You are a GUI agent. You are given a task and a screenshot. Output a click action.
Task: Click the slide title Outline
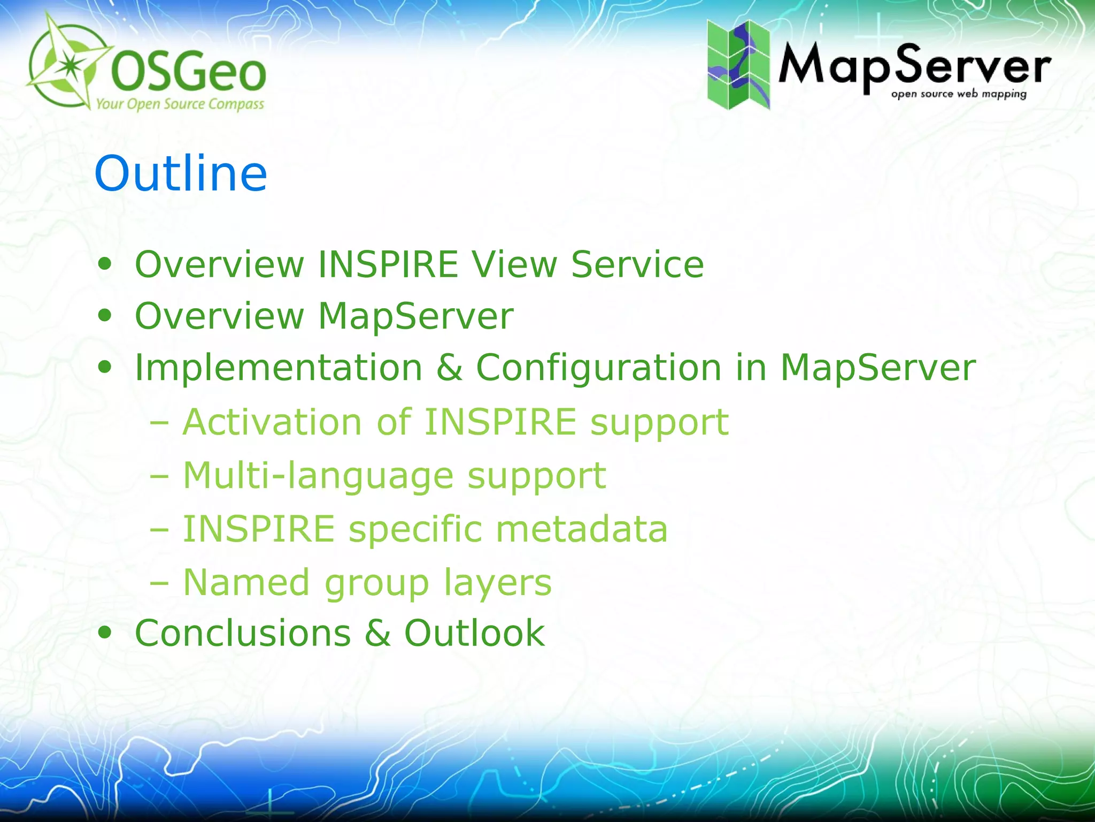[x=181, y=173]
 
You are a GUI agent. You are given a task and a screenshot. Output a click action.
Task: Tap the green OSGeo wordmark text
[x=188, y=73]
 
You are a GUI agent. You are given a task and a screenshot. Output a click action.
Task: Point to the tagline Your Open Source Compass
[x=180, y=104]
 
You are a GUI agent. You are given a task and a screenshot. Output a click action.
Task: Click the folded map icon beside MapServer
[x=738, y=65]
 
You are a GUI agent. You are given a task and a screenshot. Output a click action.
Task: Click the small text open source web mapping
[x=959, y=95]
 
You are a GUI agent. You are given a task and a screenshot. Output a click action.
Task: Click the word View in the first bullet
[x=514, y=264]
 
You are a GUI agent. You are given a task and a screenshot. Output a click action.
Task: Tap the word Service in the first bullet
[x=637, y=264]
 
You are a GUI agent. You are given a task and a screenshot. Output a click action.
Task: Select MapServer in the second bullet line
[x=415, y=316]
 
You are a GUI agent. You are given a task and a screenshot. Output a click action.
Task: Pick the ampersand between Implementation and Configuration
[x=449, y=368]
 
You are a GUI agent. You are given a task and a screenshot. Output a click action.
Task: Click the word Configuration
[x=599, y=368]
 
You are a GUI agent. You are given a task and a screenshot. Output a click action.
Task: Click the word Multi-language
[x=318, y=476]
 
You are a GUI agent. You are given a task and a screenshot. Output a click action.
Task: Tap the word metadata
[x=582, y=529]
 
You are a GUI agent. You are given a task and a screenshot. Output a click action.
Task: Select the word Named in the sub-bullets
[x=246, y=582]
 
